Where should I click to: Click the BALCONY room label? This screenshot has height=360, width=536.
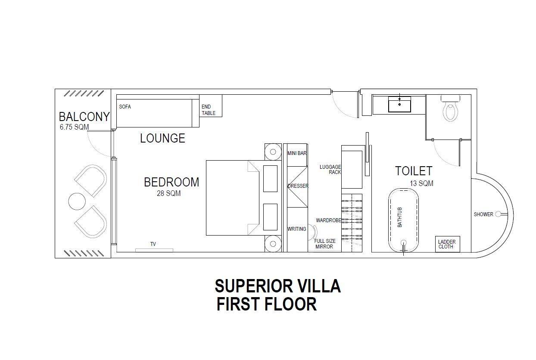click(84, 117)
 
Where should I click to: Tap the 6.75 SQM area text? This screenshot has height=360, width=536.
click(74, 127)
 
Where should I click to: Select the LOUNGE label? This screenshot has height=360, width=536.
click(162, 138)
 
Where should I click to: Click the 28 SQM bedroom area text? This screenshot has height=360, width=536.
click(168, 194)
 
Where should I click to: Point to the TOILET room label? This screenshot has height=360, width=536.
click(414, 171)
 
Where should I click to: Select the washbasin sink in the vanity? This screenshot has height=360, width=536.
click(399, 104)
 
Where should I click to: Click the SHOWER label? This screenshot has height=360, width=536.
click(483, 214)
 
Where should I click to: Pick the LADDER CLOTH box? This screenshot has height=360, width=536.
click(446, 244)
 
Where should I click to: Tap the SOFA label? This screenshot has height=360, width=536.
click(125, 107)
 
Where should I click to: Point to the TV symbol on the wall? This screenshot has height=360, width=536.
click(154, 250)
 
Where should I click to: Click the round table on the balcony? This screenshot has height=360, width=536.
click(77, 202)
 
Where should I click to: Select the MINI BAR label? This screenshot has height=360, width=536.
click(296, 153)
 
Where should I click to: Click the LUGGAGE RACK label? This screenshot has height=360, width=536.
click(330, 169)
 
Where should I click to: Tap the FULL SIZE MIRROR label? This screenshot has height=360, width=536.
click(324, 244)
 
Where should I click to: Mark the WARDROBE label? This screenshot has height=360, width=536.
click(328, 220)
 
